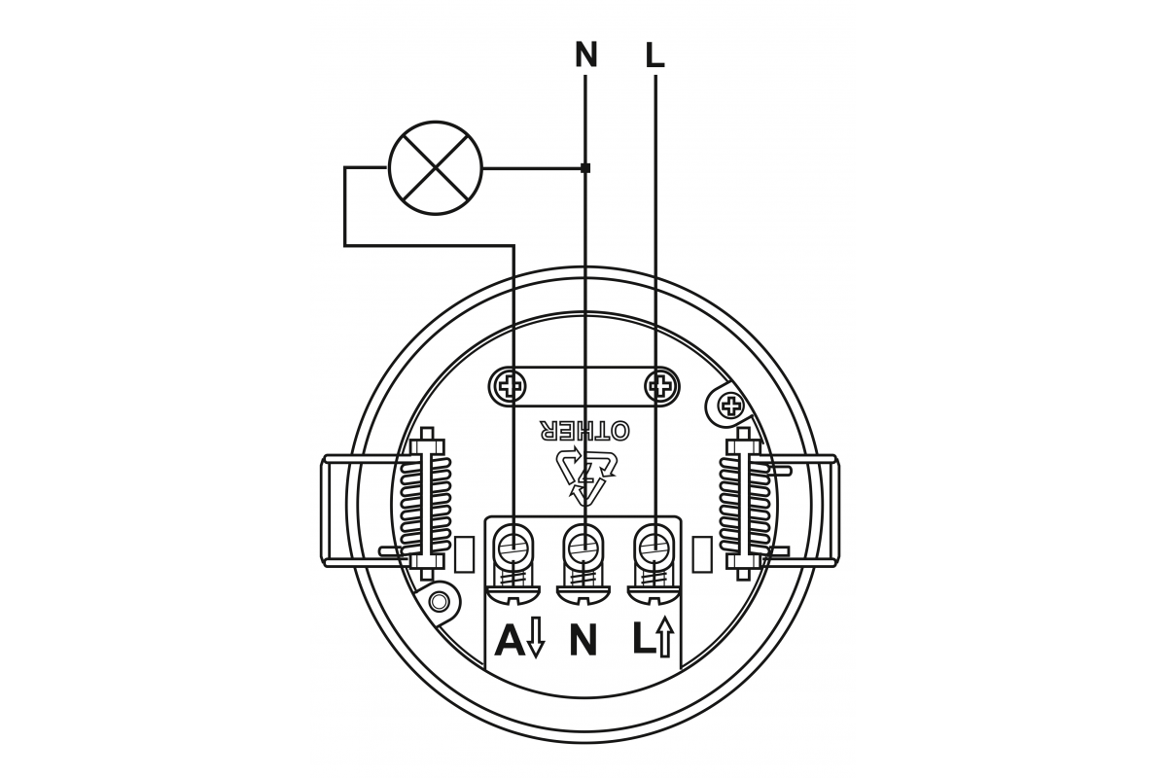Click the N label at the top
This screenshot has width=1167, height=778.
point(585,54)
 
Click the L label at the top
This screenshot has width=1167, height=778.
point(654,54)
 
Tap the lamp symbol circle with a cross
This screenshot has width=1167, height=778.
point(436,168)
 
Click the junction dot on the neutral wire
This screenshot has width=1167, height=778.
point(585,168)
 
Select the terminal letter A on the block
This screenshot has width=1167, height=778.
point(510,641)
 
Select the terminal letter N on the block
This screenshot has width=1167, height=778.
point(583,641)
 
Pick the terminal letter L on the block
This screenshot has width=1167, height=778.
point(644,641)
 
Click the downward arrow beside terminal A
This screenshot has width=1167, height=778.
point(536,638)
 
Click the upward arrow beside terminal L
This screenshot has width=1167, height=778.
point(665,637)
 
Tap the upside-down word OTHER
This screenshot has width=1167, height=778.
point(584,431)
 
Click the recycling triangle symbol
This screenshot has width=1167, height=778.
point(586,476)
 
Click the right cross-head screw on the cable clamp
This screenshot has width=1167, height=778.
point(661,387)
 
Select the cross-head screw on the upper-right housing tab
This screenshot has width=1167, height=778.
point(732,405)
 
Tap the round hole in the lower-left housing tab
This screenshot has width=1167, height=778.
point(439,602)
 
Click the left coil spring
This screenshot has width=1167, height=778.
point(425,505)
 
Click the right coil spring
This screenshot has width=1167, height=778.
point(745,505)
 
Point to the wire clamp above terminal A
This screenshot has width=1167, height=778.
point(513,548)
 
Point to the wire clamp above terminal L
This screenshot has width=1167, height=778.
point(654,548)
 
